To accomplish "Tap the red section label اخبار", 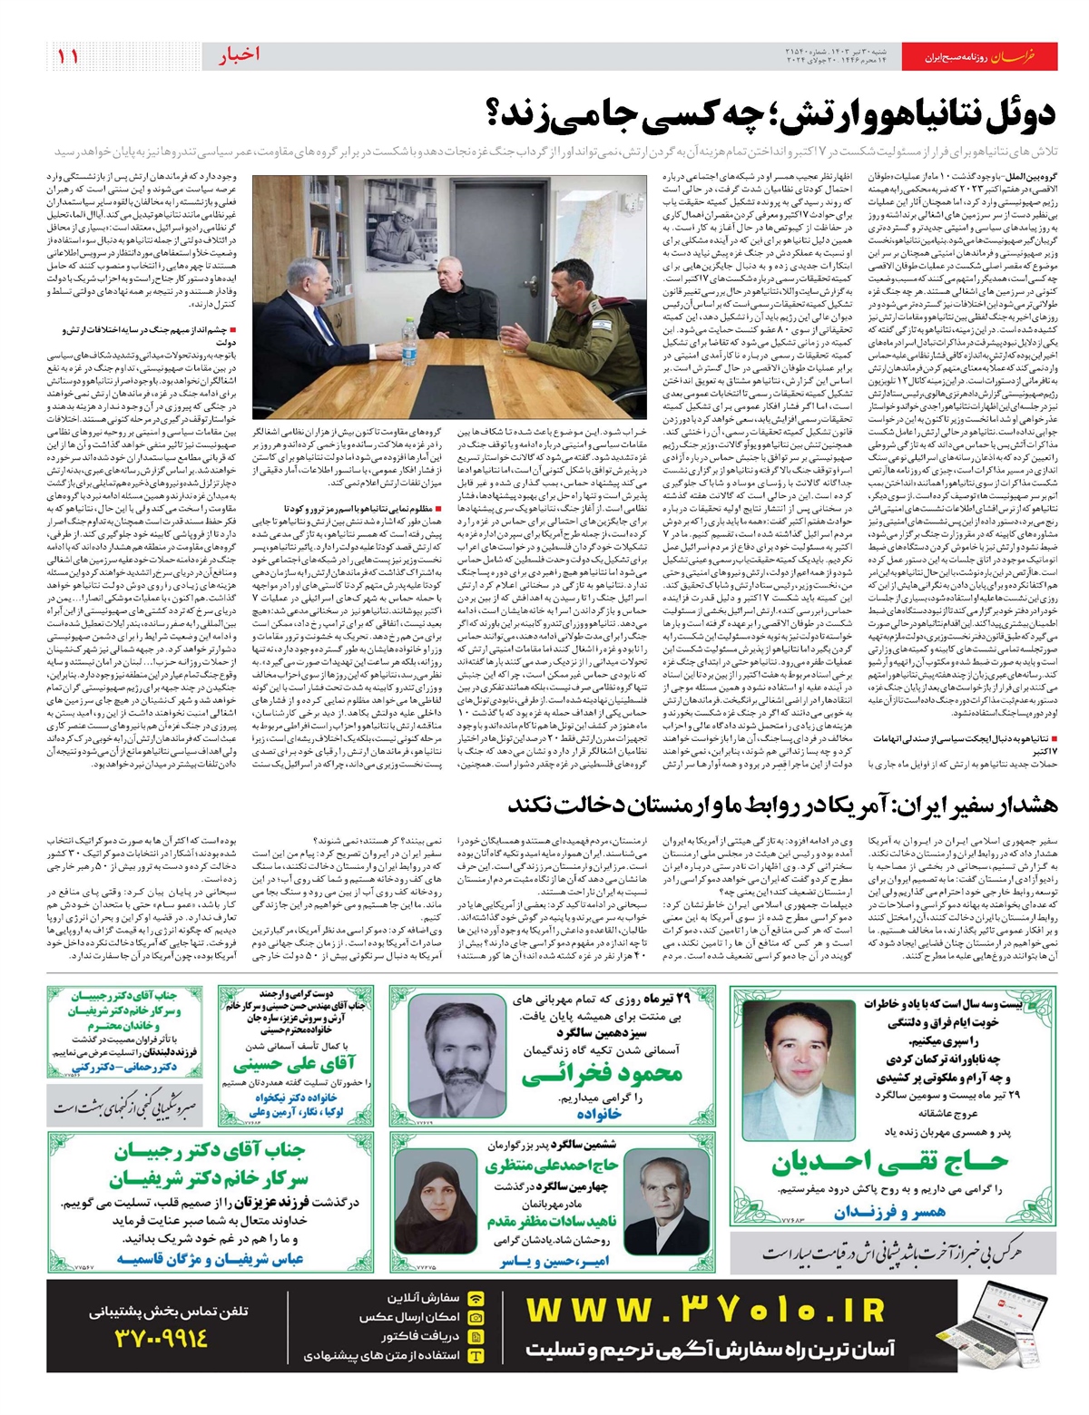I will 239,55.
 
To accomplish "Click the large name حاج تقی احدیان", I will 890,1161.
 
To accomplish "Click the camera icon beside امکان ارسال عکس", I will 476,1317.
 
